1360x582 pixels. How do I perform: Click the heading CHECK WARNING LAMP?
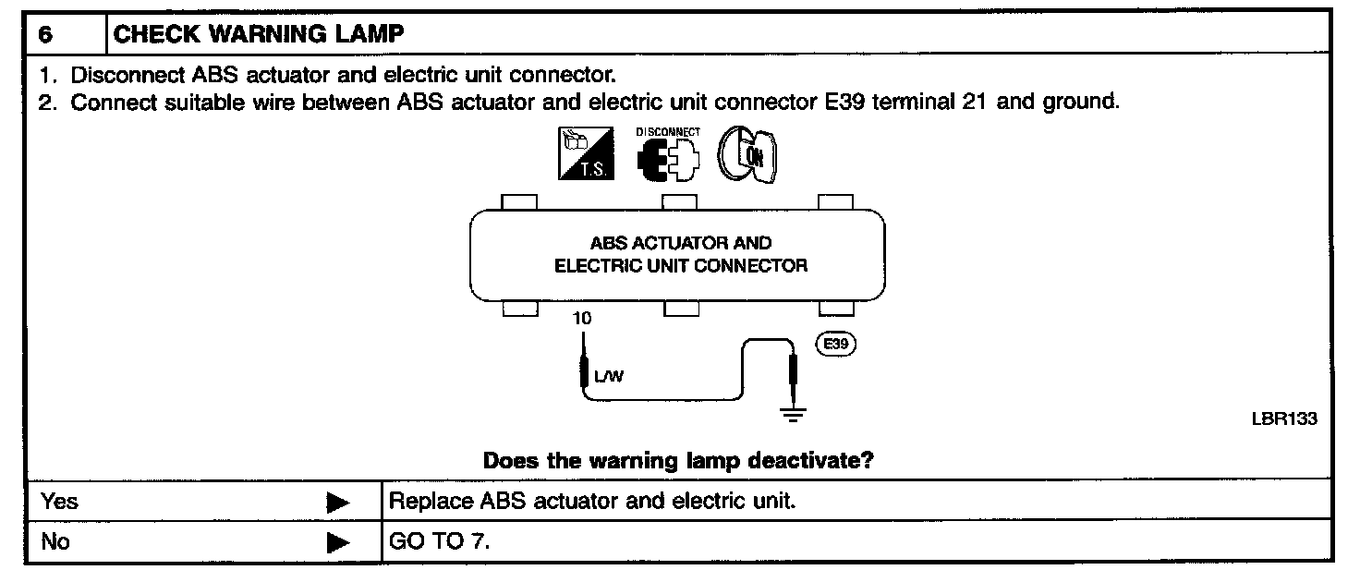coord(258,35)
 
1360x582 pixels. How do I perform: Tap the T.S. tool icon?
coord(585,153)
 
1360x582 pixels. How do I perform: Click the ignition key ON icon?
coord(748,153)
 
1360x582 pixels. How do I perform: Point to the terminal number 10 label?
coord(582,319)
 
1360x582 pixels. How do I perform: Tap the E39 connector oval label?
coord(835,345)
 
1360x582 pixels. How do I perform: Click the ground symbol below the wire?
coord(792,415)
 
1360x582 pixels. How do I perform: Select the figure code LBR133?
coord(1283,418)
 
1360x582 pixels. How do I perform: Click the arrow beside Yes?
coord(338,503)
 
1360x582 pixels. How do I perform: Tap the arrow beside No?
coord(338,543)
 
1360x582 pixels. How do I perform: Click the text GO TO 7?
coord(440,541)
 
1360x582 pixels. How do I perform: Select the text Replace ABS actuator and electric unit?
coord(592,502)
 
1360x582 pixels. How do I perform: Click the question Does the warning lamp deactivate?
coord(679,460)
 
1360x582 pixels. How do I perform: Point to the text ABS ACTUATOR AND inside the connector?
coord(680,244)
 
